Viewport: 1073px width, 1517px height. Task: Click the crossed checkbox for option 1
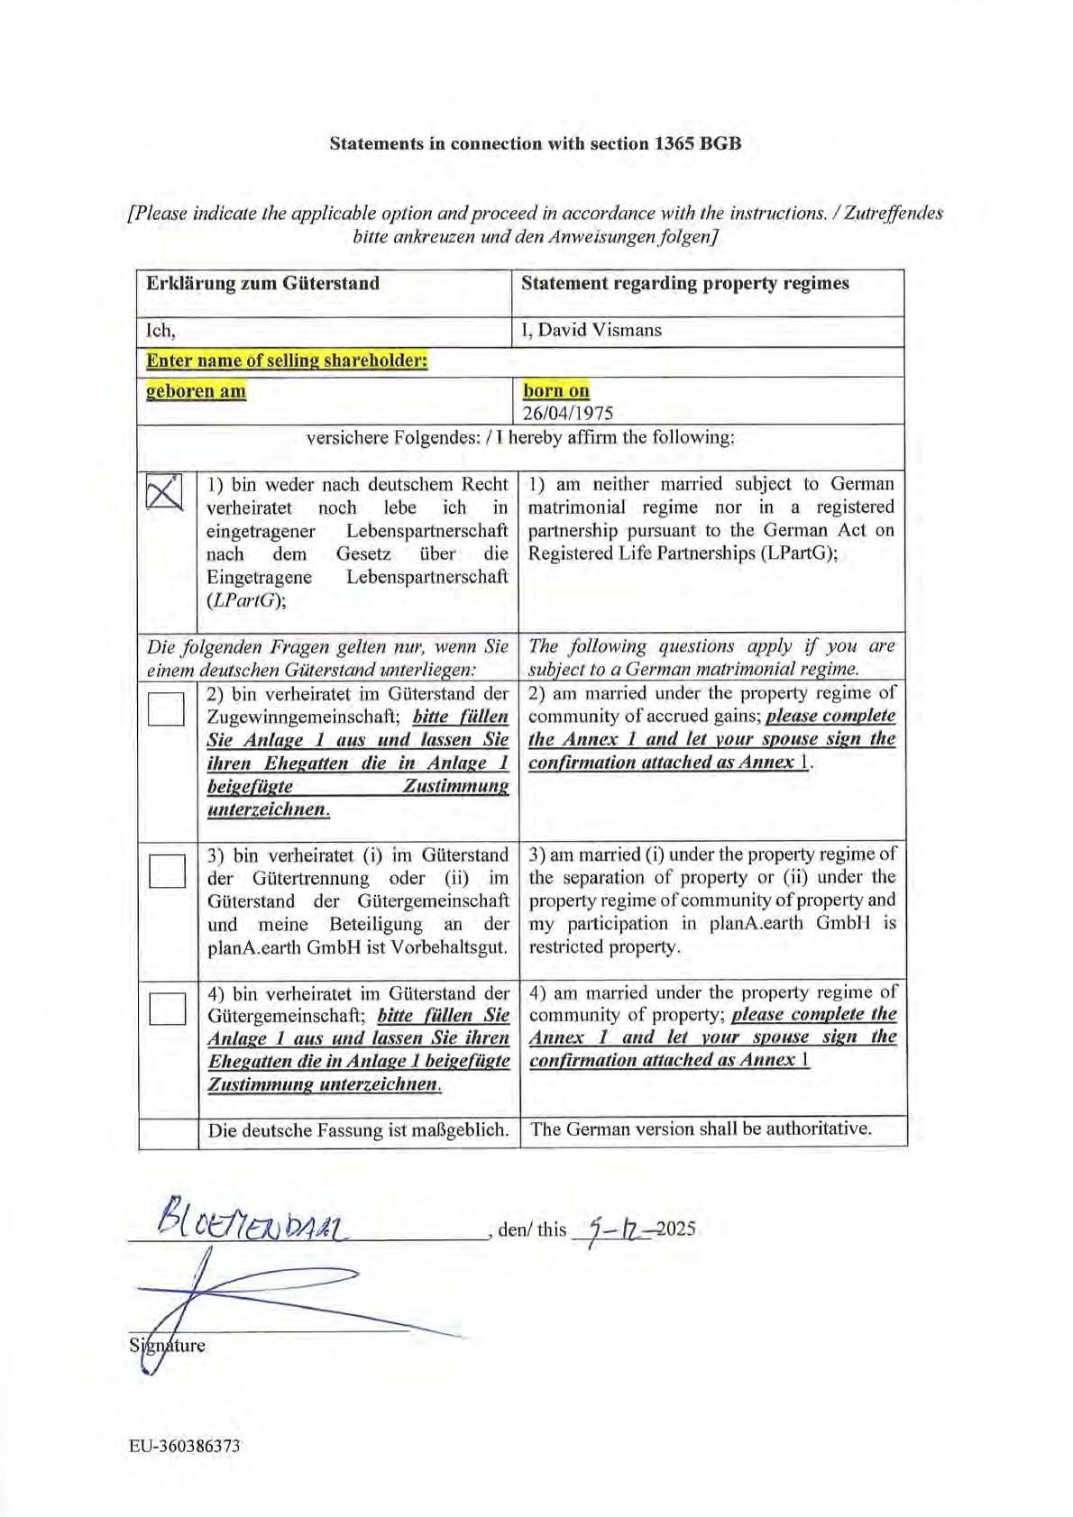point(164,492)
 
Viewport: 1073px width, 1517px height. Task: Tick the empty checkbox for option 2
point(166,708)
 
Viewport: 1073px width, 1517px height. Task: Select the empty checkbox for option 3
point(167,871)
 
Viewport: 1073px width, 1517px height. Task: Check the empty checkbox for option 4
point(168,1008)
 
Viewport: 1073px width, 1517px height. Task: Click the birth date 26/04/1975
point(568,414)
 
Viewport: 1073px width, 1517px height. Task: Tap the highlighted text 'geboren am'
point(196,391)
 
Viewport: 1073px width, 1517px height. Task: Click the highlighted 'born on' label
point(556,390)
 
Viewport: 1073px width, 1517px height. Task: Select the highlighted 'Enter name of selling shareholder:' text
point(287,361)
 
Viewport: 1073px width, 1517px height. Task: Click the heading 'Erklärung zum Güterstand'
point(262,283)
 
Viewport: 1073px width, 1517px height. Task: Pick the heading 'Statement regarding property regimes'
point(684,283)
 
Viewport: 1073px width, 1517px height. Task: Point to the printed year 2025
point(676,1229)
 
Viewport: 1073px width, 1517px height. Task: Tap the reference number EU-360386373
point(185,1446)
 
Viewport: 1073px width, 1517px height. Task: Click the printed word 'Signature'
point(168,1346)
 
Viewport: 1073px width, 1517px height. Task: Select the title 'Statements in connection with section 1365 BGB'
point(536,143)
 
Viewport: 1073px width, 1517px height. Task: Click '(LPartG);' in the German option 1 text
point(246,600)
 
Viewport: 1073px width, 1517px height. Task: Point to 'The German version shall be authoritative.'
point(701,1129)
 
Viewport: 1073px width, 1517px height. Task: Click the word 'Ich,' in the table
point(161,331)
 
